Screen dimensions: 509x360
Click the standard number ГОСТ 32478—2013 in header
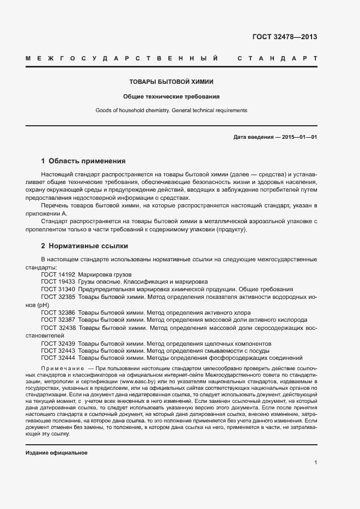pyautogui.click(x=284, y=37)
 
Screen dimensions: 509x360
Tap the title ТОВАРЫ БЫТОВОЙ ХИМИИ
pyautogui.click(x=171, y=82)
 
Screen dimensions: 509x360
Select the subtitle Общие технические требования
pyautogui.click(x=171, y=96)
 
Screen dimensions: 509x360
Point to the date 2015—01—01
pyautogui.click(x=299, y=137)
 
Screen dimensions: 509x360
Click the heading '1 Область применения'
pyautogui.click(x=83, y=161)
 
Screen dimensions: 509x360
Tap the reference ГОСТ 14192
pyautogui.click(x=58, y=274)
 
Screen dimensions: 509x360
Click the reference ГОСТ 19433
pyautogui.click(x=58, y=282)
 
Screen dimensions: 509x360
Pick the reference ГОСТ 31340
pyautogui.click(x=58, y=290)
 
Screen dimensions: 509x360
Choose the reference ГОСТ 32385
pyautogui.click(x=58, y=297)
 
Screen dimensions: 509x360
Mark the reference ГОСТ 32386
pyautogui.click(x=58, y=313)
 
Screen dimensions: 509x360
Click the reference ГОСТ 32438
pyautogui.click(x=58, y=328)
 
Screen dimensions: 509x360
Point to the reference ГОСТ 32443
pyautogui.click(x=58, y=351)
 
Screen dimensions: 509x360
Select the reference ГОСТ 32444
pyautogui.click(x=58, y=358)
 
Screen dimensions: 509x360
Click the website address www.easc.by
pyautogui.click(x=138, y=383)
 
